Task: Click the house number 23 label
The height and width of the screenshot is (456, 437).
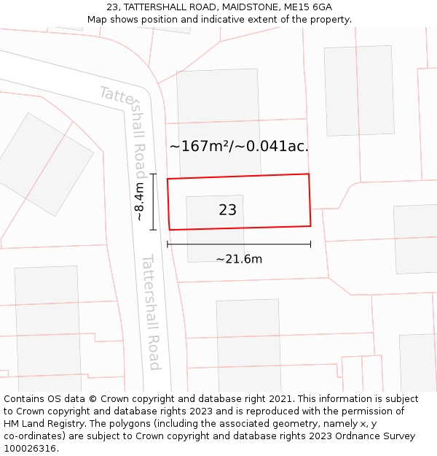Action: [227, 210]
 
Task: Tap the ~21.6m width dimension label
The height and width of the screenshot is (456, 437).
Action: [239, 259]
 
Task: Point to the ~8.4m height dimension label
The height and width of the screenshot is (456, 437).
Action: [139, 202]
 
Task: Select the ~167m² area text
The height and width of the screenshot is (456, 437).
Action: [197, 147]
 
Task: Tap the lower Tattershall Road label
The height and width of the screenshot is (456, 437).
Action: [151, 312]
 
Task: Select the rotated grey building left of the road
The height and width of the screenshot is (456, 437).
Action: [46, 163]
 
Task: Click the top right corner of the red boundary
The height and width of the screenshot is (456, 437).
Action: [309, 174]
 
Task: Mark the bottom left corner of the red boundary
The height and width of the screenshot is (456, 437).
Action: [170, 230]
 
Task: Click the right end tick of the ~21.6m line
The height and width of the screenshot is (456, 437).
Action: [310, 244]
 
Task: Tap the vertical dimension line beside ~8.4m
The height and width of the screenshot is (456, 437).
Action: [153, 202]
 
